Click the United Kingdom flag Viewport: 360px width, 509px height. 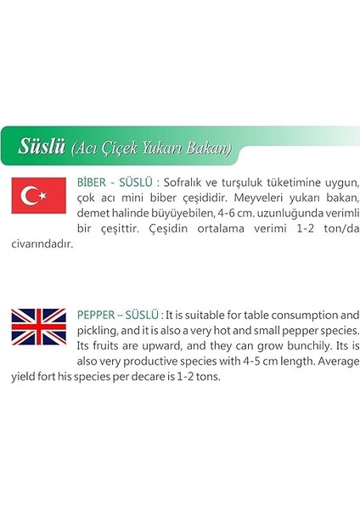point(38,327)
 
